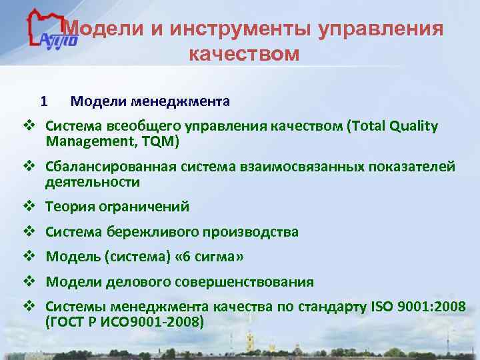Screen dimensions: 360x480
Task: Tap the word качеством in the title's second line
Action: pos(245,54)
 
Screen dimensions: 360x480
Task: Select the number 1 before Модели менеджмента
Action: pos(44,102)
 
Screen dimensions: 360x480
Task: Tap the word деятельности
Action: pos(93,181)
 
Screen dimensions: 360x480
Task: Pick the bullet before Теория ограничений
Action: pos(29,207)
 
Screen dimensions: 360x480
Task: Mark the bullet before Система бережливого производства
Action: pos(29,232)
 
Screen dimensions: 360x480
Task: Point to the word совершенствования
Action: pos(244,282)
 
